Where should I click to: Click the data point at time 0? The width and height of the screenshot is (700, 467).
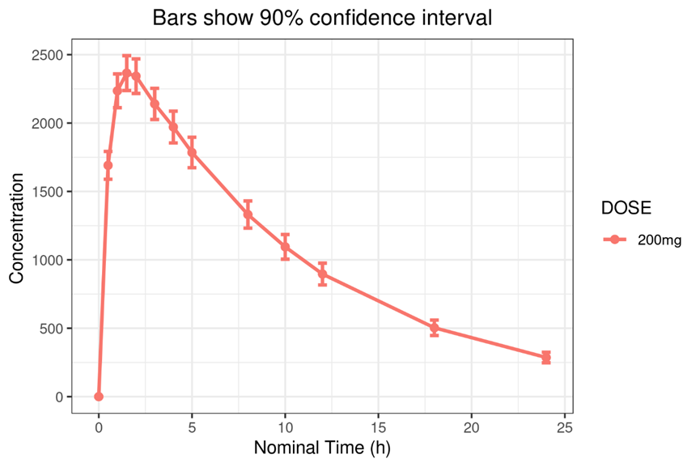pyautogui.click(x=99, y=397)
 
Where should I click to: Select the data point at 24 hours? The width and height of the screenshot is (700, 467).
pyautogui.click(x=546, y=358)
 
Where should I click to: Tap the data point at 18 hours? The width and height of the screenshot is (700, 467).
pyautogui.click(x=435, y=328)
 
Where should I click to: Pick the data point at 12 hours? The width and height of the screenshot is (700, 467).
pyautogui.click(x=322, y=274)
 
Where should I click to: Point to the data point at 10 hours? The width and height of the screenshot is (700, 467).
pyautogui.click(x=285, y=246)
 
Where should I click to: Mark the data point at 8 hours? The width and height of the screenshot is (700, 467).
pyautogui.click(x=248, y=214)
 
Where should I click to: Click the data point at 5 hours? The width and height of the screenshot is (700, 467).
pyautogui.click(x=192, y=152)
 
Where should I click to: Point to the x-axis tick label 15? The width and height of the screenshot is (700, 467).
pyautogui.click(x=379, y=427)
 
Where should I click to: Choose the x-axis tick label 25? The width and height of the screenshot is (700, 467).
pyautogui.click(x=565, y=427)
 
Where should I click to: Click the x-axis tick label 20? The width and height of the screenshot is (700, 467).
pyautogui.click(x=472, y=427)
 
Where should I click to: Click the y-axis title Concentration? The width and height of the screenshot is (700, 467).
pyautogui.click(x=16, y=226)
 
